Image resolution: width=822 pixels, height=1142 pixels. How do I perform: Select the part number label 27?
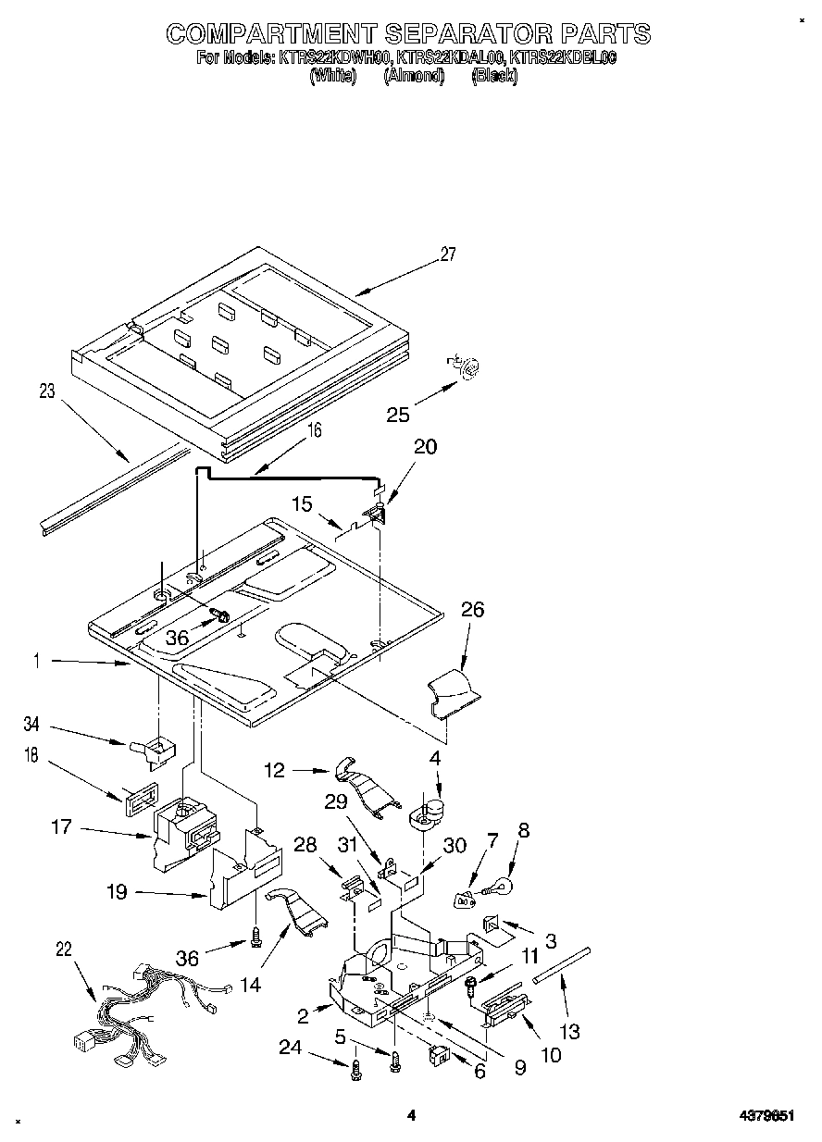pos(448,255)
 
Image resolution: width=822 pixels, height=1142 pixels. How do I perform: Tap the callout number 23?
pos(45,391)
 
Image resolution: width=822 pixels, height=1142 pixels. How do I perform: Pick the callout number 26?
pos(472,610)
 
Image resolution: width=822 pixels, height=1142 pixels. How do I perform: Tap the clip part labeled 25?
pos(467,368)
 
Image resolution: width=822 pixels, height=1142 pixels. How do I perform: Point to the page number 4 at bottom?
pos(411,1116)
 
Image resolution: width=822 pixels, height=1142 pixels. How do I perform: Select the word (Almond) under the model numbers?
pos(414,77)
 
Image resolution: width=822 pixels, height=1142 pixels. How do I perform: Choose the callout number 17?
pos(61,826)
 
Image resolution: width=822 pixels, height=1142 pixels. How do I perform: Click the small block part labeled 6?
pos(438,1054)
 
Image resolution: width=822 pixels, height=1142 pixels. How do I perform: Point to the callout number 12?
pos(275,769)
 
